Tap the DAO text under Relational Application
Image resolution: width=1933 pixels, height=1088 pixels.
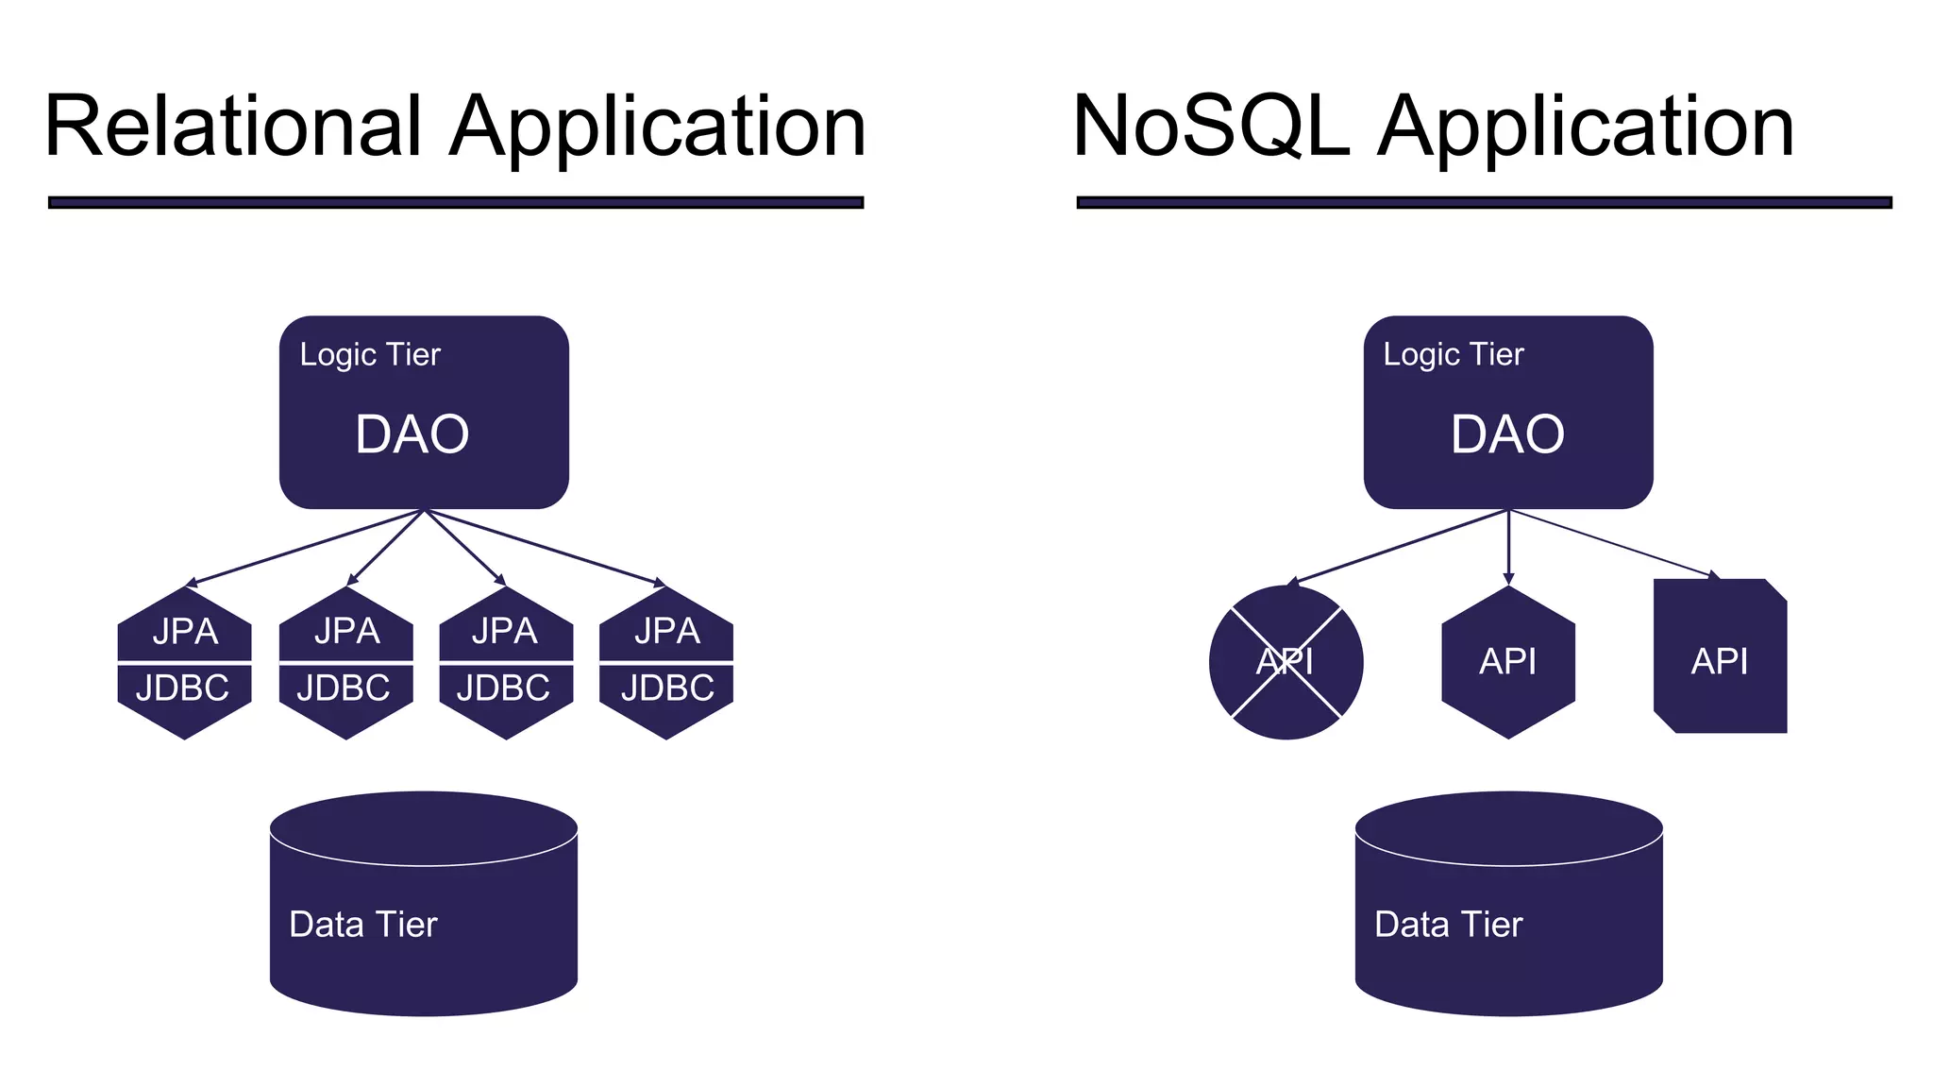(412, 434)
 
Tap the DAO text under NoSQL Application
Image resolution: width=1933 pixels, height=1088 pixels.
(1507, 434)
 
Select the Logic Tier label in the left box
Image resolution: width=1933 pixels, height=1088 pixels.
(370, 354)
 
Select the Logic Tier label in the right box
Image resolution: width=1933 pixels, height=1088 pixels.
(1454, 354)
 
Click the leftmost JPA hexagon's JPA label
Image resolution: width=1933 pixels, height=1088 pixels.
(185, 631)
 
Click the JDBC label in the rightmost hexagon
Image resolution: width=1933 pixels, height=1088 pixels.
(667, 688)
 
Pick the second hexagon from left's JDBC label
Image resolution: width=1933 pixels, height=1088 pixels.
(344, 688)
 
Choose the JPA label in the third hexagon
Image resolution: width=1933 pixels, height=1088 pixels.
(505, 631)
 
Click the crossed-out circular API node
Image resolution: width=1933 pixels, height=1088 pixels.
(1286, 662)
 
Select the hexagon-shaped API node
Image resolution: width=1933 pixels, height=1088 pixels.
(1507, 662)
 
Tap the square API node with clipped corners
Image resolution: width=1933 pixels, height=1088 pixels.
(1719, 662)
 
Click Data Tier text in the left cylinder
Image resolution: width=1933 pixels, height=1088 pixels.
(363, 924)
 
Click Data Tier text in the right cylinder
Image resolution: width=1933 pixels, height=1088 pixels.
(1449, 924)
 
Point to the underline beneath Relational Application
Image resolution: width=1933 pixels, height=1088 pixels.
(456, 202)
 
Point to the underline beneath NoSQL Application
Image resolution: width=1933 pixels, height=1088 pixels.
(1484, 202)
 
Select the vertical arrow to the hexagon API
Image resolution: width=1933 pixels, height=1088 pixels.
(1508, 548)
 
